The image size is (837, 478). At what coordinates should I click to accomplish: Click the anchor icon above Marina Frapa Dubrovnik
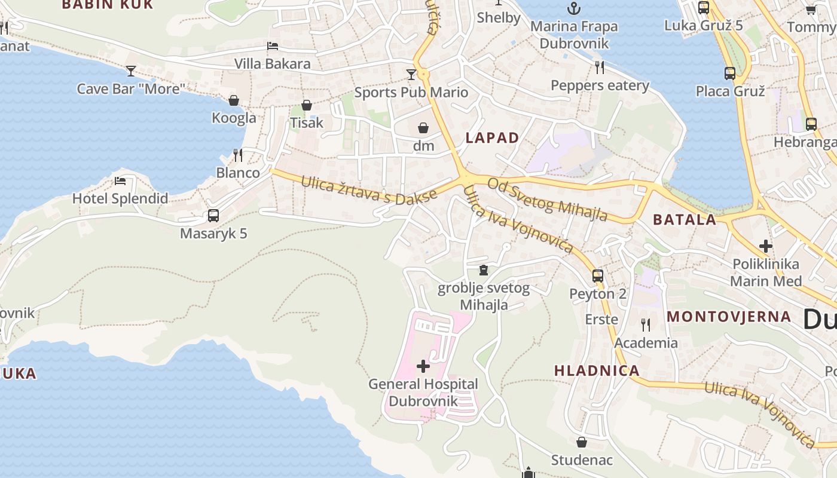point(573,8)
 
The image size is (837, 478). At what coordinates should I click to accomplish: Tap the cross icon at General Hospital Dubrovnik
point(423,366)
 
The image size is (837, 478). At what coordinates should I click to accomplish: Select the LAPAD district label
point(492,138)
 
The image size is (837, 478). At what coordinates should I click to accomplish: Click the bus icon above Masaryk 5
point(213,216)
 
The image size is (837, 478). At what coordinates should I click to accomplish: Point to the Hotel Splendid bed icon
point(120,181)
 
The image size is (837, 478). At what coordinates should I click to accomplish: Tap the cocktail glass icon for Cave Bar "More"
point(131,71)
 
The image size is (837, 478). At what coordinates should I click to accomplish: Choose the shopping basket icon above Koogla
point(234,100)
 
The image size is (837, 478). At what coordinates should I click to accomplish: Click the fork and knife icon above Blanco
point(238,155)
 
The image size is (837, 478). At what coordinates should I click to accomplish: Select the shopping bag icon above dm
point(423,128)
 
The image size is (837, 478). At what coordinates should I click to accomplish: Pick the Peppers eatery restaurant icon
point(600,68)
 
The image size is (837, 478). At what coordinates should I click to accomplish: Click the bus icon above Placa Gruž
point(730,73)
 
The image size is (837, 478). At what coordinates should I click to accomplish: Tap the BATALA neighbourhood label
point(685,220)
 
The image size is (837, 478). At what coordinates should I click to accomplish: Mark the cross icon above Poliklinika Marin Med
point(766,246)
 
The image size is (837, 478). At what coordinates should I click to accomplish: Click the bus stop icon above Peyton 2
point(597,276)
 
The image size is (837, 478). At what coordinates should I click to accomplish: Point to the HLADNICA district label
point(597,370)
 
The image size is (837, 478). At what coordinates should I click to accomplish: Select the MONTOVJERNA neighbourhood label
point(729,317)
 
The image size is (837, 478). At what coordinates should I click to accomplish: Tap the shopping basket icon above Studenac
point(581,442)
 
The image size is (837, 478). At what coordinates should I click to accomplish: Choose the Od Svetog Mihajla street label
point(547,199)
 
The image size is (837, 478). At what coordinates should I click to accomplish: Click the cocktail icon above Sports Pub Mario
point(411,75)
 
